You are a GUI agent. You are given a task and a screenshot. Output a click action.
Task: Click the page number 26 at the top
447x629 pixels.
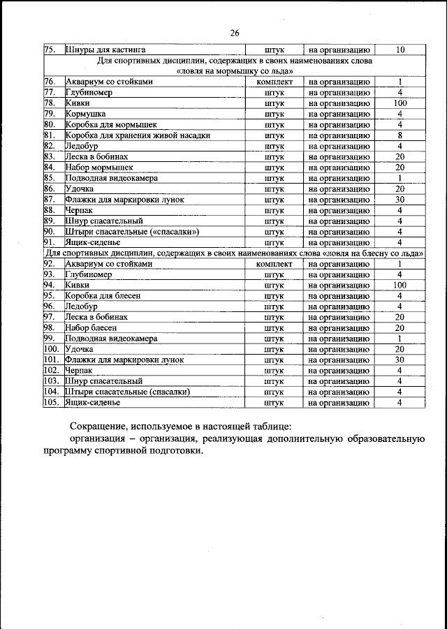(234, 33)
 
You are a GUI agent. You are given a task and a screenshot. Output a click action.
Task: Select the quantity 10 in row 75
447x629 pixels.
(400, 50)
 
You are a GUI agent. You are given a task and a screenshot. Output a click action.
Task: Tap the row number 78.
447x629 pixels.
(50, 103)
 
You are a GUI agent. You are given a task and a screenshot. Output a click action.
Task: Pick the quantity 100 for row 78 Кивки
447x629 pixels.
(400, 103)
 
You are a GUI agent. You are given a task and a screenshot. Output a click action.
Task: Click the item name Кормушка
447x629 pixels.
(85, 114)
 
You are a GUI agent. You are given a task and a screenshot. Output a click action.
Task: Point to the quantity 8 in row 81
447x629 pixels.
(400, 135)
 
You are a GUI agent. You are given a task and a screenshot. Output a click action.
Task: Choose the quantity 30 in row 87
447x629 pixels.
(400, 200)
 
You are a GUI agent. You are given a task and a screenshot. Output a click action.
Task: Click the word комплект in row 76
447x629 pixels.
(274, 82)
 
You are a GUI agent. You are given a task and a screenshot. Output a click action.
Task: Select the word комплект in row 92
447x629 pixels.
(274, 264)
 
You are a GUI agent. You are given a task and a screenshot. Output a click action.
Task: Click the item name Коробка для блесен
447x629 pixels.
(103, 296)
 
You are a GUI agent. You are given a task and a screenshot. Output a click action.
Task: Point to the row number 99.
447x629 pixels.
(50, 339)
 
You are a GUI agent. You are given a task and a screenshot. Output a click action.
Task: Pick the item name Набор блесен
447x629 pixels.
(91, 328)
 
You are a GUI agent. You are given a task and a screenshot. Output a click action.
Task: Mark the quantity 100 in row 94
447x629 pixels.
(400, 286)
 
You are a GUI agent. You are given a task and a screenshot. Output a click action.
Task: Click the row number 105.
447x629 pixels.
(52, 403)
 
